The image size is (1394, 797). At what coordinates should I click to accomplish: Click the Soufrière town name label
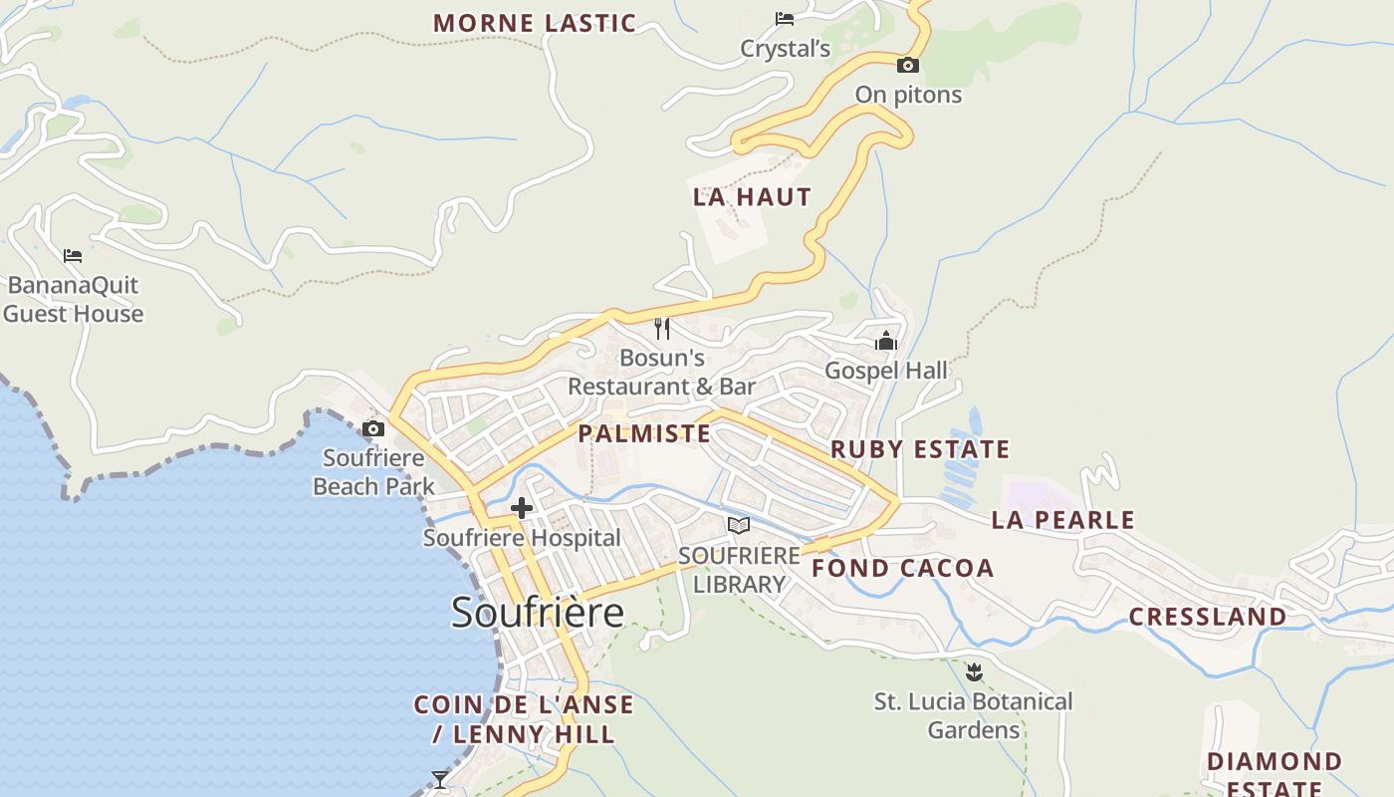pyautogui.click(x=538, y=611)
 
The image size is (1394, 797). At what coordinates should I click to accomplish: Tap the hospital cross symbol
pyautogui.click(x=521, y=509)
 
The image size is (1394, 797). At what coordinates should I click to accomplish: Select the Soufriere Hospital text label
pyautogui.click(x=522, y=538)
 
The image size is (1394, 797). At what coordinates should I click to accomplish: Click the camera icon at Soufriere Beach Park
pyautogui.click(x=373, y=429)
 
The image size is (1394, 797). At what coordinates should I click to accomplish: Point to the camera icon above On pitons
pyautogui.click(x=907, y=66)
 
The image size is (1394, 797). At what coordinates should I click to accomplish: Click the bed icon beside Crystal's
pyautogui.click(x=785, y=19)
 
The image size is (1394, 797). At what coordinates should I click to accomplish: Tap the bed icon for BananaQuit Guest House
pyautogui.click(x=73, y=256)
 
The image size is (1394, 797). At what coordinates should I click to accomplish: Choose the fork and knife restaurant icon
pyautogui.click(x=662, y=329)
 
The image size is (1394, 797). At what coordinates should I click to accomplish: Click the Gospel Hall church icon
pyautogui.click(x=886, y=342)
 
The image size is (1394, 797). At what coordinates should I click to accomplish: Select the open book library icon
pyautogui.click(x=739, y=525)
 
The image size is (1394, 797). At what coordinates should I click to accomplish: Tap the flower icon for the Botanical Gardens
pyautogui.click(x=974, y=672)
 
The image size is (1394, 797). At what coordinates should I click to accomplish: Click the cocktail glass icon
pyautogui.click(x=440, y=778)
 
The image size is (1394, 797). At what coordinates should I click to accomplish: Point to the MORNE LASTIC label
pyautogui.click(x=535, y=23)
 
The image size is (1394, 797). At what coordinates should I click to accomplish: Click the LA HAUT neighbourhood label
pyautogui.click(x=752, y=197)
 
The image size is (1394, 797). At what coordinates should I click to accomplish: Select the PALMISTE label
pyautogui.click(x=644, y=433)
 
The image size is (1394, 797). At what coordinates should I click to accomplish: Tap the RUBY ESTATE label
pyautogui.click(x=920, y=449)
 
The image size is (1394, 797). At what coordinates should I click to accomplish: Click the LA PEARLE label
pyautogui.click(x=1062, y=520)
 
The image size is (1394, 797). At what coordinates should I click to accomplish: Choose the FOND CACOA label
pyautogui.click(x=903, y=569)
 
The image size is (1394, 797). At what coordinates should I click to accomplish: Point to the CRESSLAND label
pyautogui.click(x=1207, y=617)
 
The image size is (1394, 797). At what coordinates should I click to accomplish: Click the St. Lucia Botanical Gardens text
pyautogui.click(x=974, y=715)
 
